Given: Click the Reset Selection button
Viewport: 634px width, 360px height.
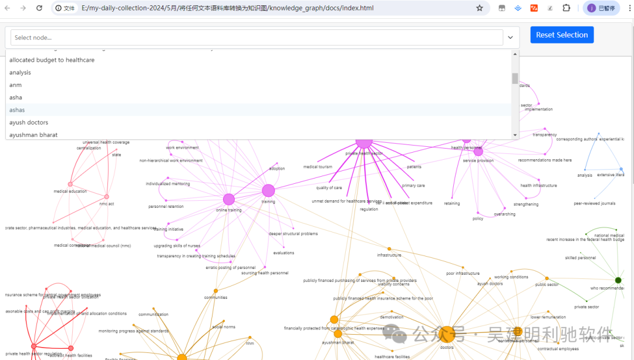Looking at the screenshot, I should pos(562,35).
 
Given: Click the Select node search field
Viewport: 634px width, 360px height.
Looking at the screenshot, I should pos(257,38).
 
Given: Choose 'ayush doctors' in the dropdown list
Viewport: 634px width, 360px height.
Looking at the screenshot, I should pos(29,122).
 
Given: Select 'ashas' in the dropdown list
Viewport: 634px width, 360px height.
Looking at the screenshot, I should pos(17,110).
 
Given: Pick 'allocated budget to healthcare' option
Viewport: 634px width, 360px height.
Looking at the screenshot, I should pos(52,60).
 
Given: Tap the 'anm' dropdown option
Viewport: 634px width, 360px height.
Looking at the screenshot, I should pos(15,85).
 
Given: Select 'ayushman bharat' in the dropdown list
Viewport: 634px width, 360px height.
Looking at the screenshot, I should pos(33,135).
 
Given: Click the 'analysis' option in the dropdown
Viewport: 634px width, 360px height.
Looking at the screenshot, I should pos(20,72).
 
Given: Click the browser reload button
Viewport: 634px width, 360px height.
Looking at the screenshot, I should pos(39,8).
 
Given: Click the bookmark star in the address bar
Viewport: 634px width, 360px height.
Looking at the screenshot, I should pos(480,8).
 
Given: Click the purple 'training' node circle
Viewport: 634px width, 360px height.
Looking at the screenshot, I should pos(268,191).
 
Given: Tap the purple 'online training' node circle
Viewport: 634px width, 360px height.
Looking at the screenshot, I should pos(229,200).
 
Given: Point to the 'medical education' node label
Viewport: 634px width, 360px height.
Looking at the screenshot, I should pos(70,191).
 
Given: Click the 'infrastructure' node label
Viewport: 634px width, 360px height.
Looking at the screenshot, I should pos(389,255).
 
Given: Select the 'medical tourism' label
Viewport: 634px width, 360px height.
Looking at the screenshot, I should pos(318,167).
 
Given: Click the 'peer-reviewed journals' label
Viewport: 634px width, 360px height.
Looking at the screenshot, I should pos(595,204).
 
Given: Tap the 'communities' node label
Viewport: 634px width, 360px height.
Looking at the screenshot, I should pos(215,298).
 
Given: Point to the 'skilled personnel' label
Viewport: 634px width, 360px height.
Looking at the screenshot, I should pos(581,258).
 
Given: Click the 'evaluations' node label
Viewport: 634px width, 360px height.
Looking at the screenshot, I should pos(284,253).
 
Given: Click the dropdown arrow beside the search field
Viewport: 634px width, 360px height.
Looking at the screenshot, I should pos(510,38).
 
